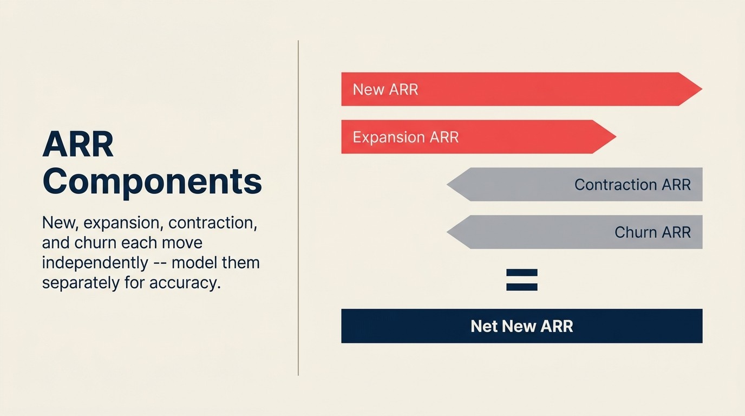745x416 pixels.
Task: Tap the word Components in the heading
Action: [x=152, y=182]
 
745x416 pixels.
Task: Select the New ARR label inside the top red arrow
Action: [x=385, y=89]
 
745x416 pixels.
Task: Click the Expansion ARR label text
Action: [x=406, y=137]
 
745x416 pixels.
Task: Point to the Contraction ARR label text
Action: [x=632, y=185]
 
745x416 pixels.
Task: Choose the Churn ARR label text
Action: [x=652, y=232]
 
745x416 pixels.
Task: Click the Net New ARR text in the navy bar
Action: [x=521, y=326]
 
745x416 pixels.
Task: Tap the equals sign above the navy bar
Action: [x=521, y=280]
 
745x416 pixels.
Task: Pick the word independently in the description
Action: [x=95, y=263]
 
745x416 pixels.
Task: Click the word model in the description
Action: [x=198, y=263]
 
